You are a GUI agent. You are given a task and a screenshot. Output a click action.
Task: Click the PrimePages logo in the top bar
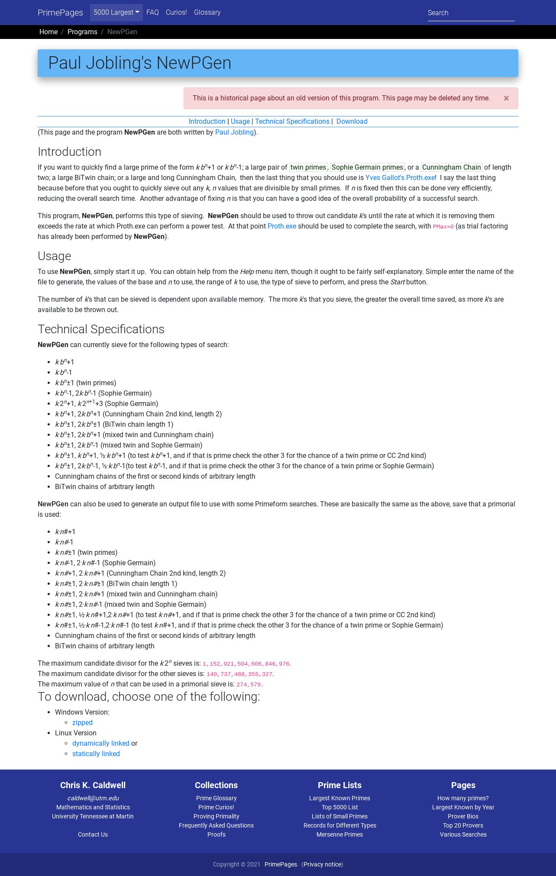[x=60, y=13]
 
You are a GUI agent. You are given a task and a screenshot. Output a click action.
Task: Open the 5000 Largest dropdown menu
[x=116, y=13]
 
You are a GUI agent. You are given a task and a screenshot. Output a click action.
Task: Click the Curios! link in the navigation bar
[x=176, y=13]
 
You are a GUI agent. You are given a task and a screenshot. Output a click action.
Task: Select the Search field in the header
[x=471, y=13]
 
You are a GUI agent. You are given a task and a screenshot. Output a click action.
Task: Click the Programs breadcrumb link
[x=82, y=32]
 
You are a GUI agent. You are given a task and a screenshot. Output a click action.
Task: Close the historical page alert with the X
[x=506, y=98]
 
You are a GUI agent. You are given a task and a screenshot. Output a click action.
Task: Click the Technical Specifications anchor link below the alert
[x=292, y=122]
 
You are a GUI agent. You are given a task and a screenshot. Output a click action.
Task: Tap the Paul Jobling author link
[x=234, y=132]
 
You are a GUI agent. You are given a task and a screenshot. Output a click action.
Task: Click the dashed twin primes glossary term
[x=308, y=167]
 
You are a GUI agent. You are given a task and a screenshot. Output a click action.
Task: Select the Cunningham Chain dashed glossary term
[x=451, y=167]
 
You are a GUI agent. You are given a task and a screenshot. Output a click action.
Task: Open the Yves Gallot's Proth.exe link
[x=400, y=178]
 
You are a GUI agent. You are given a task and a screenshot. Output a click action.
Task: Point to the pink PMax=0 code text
[x=443, y=227]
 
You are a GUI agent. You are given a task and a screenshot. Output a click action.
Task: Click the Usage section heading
[x=54, y=256]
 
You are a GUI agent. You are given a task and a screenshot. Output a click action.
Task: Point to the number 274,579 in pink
[x=249, y=685]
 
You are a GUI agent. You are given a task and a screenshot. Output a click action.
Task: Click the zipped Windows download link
[x=82, y=723]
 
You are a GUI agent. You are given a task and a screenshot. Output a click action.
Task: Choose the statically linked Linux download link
[x=96, y=754]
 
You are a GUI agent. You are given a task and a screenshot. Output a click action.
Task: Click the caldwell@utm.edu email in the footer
[x=93, y=798]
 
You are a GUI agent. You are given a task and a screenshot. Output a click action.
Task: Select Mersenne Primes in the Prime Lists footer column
[x=339, y=834]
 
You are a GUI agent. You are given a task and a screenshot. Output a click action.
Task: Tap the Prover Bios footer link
[x=463, y=816]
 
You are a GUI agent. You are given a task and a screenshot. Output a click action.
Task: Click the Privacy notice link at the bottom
[x=322, y=864]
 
